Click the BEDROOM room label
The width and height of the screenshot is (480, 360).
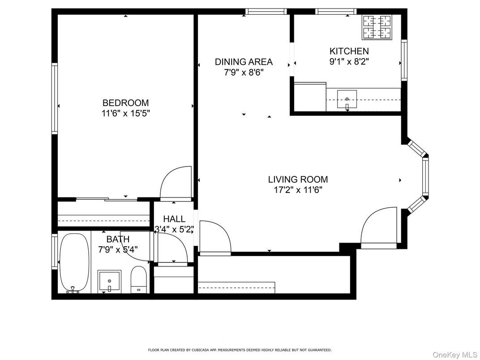click(x=125, y=103)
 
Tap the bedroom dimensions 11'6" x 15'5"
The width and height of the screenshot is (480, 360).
click(x=125, y=114)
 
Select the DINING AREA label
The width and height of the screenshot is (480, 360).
click(x=244, y=62)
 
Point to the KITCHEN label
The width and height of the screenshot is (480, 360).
click(x=349, y=51)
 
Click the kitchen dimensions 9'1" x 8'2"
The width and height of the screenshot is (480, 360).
click(x=349, y=62)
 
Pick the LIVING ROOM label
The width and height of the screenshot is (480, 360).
click(x=298, y=180)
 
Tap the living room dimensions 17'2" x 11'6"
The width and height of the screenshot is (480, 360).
click(x=298, y=190)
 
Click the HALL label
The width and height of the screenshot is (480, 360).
click(x=174, y=219)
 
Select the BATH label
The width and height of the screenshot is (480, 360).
click(x=118, y=240)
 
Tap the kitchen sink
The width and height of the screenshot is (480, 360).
click(x=347, y=99)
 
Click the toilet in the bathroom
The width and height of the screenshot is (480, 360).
click(x=138, y=279)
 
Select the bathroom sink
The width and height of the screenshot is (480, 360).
click(x=109, y=281)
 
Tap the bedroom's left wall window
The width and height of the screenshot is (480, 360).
click(x=55, y=99)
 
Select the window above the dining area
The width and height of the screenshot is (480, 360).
click(x=266, y=12)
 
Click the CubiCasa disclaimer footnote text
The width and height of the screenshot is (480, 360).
click(x=240, y=350)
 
